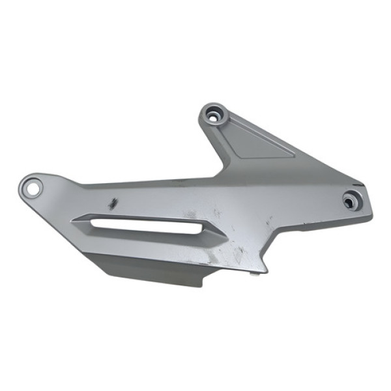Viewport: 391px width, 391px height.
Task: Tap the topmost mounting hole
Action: pyautogui.click(x=214, y=117)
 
